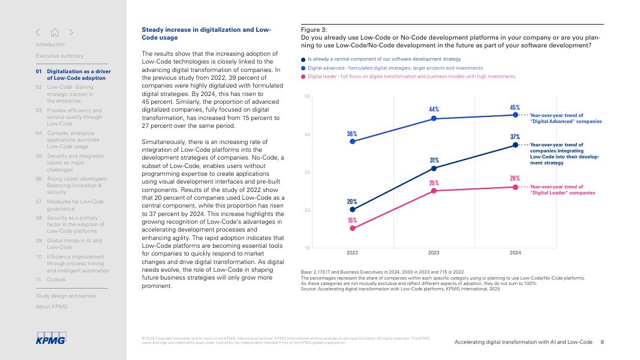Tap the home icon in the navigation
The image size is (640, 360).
(x=55, y=32)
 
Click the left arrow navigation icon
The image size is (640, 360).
(x=38, y=32)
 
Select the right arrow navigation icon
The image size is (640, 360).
(x=71, y=32)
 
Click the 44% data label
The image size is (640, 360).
(x=434, y=109)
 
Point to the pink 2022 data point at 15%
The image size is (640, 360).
(x=352, y=228)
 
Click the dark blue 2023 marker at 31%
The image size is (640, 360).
(x=434, y=168)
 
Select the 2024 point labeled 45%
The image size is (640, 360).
(x=515, y=115)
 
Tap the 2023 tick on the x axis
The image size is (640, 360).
(x=434, y=253)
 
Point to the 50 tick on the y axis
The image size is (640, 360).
(x=307, y=97)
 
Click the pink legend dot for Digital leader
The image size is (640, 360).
(x=304, y=77)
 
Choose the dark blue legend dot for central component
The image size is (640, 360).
(x=304, y=59)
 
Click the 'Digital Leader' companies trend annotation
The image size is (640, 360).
(x=563, y=190)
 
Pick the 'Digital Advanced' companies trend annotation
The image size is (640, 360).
(x=566, y=118)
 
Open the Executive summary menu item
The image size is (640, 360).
(x=59, y=56)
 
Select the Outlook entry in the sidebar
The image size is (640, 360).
(x=56, y=280)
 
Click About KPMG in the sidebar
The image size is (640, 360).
(x=52, y=307)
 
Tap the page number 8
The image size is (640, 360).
(x=602, y=342)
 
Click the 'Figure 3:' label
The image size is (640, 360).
(x=314, y=29)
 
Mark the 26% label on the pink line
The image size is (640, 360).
(x=515, y=178)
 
